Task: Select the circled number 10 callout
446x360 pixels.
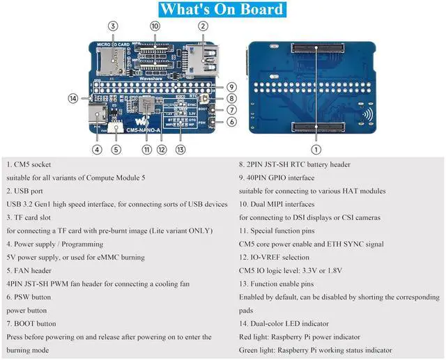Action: point(155,26)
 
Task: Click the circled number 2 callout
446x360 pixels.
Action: point(203,26)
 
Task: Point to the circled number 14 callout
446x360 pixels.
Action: point(73,98)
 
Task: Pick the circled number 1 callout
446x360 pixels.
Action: point(316,148)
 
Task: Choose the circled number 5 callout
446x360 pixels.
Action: point(116,148)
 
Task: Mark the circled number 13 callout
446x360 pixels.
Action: point(180,148)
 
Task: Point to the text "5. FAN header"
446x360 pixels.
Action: point(36,271)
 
